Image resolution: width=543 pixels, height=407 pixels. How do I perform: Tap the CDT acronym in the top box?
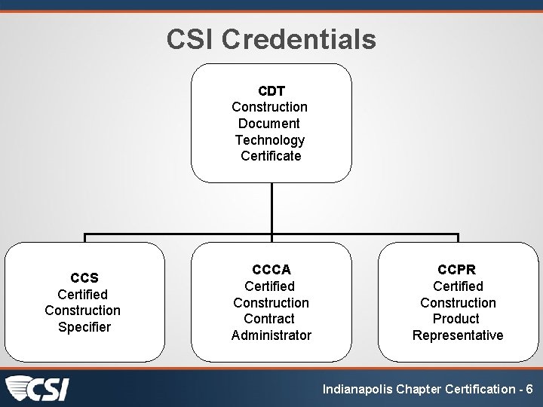tap(271, 91)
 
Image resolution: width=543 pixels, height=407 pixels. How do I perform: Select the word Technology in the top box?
tap(270, 140)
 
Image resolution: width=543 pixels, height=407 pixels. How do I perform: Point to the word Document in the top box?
tap(269, 124)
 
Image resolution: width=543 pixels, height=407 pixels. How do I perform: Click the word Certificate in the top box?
tap(271, 156)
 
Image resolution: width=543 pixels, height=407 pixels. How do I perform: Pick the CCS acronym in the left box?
tap(84, 278)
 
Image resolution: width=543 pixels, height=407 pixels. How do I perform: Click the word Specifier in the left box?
tap(84, 327)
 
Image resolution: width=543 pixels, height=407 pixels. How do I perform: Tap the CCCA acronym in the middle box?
tap(271, 270)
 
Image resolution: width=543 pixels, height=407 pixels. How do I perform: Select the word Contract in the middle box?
tap(271, 319)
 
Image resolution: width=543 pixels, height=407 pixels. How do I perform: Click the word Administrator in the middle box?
tap(271, 335)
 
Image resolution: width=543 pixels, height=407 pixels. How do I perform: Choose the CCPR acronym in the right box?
tap(457, 270)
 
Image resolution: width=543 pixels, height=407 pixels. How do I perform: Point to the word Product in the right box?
tap(457, 319)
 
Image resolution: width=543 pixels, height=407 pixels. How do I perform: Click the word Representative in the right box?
tap(457, 335)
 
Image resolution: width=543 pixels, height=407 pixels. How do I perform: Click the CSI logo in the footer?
tap(38, 389)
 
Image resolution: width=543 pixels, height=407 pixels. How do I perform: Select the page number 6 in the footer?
tap(529, 390)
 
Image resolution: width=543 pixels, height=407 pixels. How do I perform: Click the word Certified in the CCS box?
tap(83, 295)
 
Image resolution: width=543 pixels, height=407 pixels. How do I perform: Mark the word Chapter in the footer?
tap(419, 390)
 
